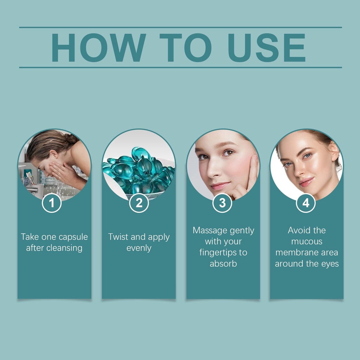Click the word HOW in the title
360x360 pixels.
[98, 47]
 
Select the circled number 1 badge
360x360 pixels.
[52, 203]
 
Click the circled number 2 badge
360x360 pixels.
[139, 203]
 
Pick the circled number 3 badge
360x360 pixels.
[222, 203]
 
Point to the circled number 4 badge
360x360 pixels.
[306, 203]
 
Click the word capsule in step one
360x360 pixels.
[73, 237]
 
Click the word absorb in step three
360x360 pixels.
[223, 264]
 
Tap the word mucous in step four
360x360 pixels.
[307, 242]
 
